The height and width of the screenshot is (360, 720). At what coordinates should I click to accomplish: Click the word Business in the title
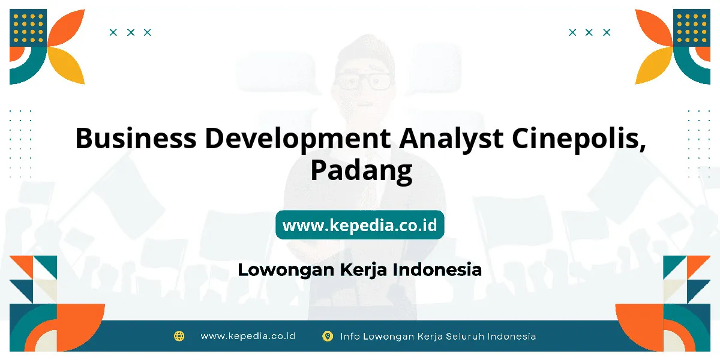(x=136, y=138)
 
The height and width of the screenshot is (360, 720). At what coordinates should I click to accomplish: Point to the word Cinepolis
(x=579, y=139)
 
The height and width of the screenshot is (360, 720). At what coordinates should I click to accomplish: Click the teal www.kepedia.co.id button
(x=359, y=224)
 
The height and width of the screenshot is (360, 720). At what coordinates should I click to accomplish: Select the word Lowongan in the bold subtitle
(x=286, y=270)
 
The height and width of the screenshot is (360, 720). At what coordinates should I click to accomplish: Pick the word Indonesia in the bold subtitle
(x=437, y=269)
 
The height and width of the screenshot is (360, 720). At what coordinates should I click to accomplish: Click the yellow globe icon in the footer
(x=179, y=336)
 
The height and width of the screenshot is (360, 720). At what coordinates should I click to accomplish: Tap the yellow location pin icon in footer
(x=328, y=336)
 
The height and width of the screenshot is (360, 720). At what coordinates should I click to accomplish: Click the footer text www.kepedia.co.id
(x=248, y=336)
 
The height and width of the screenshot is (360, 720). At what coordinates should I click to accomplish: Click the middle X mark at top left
(x=131, y=32)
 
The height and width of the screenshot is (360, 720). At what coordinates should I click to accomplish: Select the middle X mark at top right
(x=589, y=32)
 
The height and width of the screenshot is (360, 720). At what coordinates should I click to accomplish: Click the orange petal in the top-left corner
(x=66, y=28)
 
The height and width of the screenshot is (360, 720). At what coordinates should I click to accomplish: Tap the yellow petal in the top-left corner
(x=66, y=65)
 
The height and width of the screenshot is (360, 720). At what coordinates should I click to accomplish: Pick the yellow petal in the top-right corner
(x=654, y=65)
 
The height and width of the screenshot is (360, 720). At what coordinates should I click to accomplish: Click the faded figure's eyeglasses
(x=364, y=82)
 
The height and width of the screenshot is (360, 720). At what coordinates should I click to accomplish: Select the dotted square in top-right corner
(x=692, y=28)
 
